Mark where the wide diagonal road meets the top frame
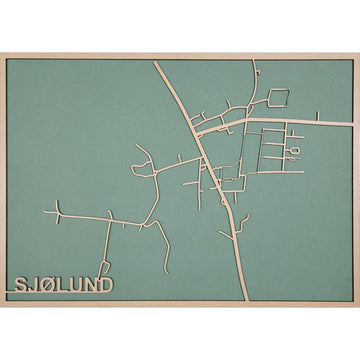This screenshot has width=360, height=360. [157, 63]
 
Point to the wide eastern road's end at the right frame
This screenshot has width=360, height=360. [350, 123]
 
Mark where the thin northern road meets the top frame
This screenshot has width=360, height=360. [254, 63]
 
